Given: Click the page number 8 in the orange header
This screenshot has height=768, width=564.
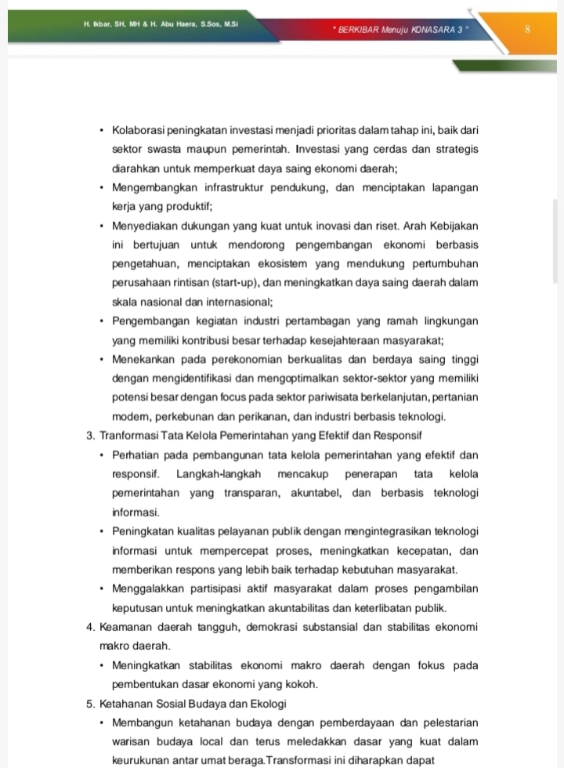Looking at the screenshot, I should (x=528, y=30).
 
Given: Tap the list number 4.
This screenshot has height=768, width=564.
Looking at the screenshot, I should (x=91, y=627).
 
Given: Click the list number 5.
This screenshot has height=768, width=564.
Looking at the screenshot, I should (x=91, y=703).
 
